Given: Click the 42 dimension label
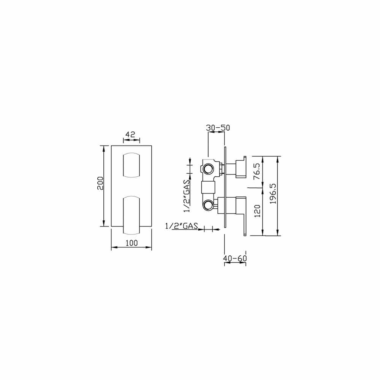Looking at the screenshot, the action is [x=130, y=135].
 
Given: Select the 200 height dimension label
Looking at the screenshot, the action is [x=100, y=184].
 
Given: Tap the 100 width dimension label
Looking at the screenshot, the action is [x=131, y=243].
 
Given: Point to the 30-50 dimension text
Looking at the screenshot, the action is [x=218, y=128].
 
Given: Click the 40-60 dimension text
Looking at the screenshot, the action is [x=235, y=258].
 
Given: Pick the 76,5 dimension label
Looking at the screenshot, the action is [x=257, y=171].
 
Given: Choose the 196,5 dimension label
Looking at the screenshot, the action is [x=273, y=193].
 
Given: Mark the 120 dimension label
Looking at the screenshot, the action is [x=257, y=211].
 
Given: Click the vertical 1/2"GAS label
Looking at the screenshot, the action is [x=187, y=196].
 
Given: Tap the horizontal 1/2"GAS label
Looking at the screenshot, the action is [x=182, y=226].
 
